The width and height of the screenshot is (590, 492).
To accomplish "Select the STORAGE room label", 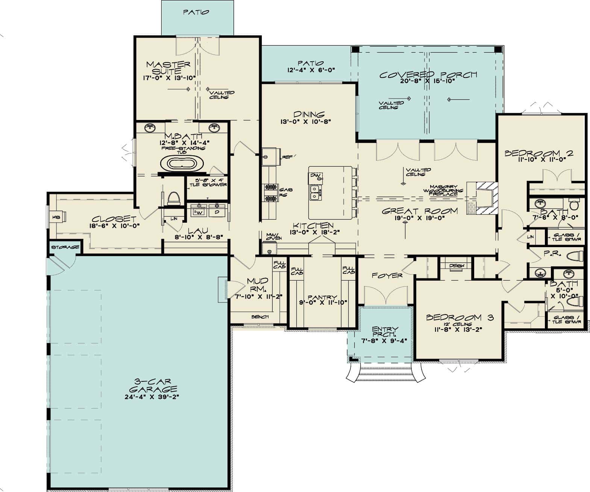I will pos(65,247).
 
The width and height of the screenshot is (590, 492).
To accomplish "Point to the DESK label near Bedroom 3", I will pos(457,266).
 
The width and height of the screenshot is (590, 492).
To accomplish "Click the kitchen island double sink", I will pos(315,192).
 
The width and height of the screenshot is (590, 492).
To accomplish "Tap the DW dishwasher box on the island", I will pos(314,176).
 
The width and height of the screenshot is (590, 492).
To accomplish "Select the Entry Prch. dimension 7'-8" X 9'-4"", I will pos(385,341).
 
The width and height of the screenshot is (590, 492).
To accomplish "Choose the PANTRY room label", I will pos(322,298).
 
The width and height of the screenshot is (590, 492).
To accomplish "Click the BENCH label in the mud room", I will pos(260,317).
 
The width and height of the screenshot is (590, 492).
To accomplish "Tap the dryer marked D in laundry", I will pos(217,213).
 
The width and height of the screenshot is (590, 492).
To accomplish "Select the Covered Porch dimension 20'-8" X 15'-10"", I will pos(428,81).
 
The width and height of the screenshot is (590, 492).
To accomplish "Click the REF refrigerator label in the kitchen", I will pos(287,157).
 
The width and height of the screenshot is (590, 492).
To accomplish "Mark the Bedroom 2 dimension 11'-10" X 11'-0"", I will pos(541,159).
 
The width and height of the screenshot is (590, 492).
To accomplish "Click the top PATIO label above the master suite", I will pos(196,12).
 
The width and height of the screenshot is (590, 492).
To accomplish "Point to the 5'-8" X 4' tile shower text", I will pos(208,182).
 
